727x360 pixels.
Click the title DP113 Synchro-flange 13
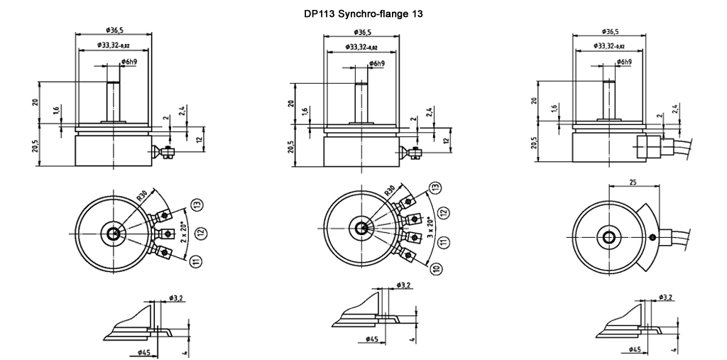pos(362,13)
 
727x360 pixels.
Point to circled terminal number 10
pos(435,268)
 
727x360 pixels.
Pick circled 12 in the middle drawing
pos(444,212)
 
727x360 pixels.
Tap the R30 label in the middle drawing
pos(390,190)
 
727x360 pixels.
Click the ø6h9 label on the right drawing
pos(624,62)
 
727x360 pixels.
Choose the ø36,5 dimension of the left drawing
pos(114,31)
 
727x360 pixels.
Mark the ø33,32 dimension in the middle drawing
pos(361,47)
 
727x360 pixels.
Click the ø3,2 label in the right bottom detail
pos(666,296)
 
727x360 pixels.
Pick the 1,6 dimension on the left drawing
pos(57,111)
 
